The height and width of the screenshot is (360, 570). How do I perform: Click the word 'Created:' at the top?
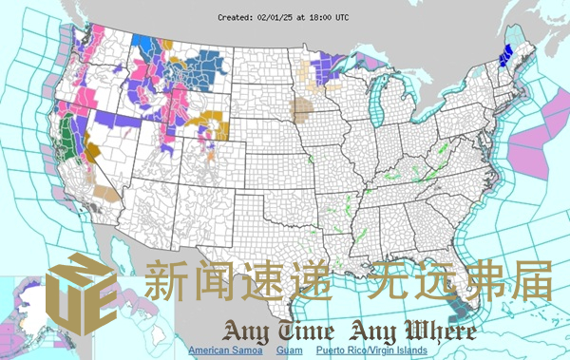(x=236, y=17)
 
